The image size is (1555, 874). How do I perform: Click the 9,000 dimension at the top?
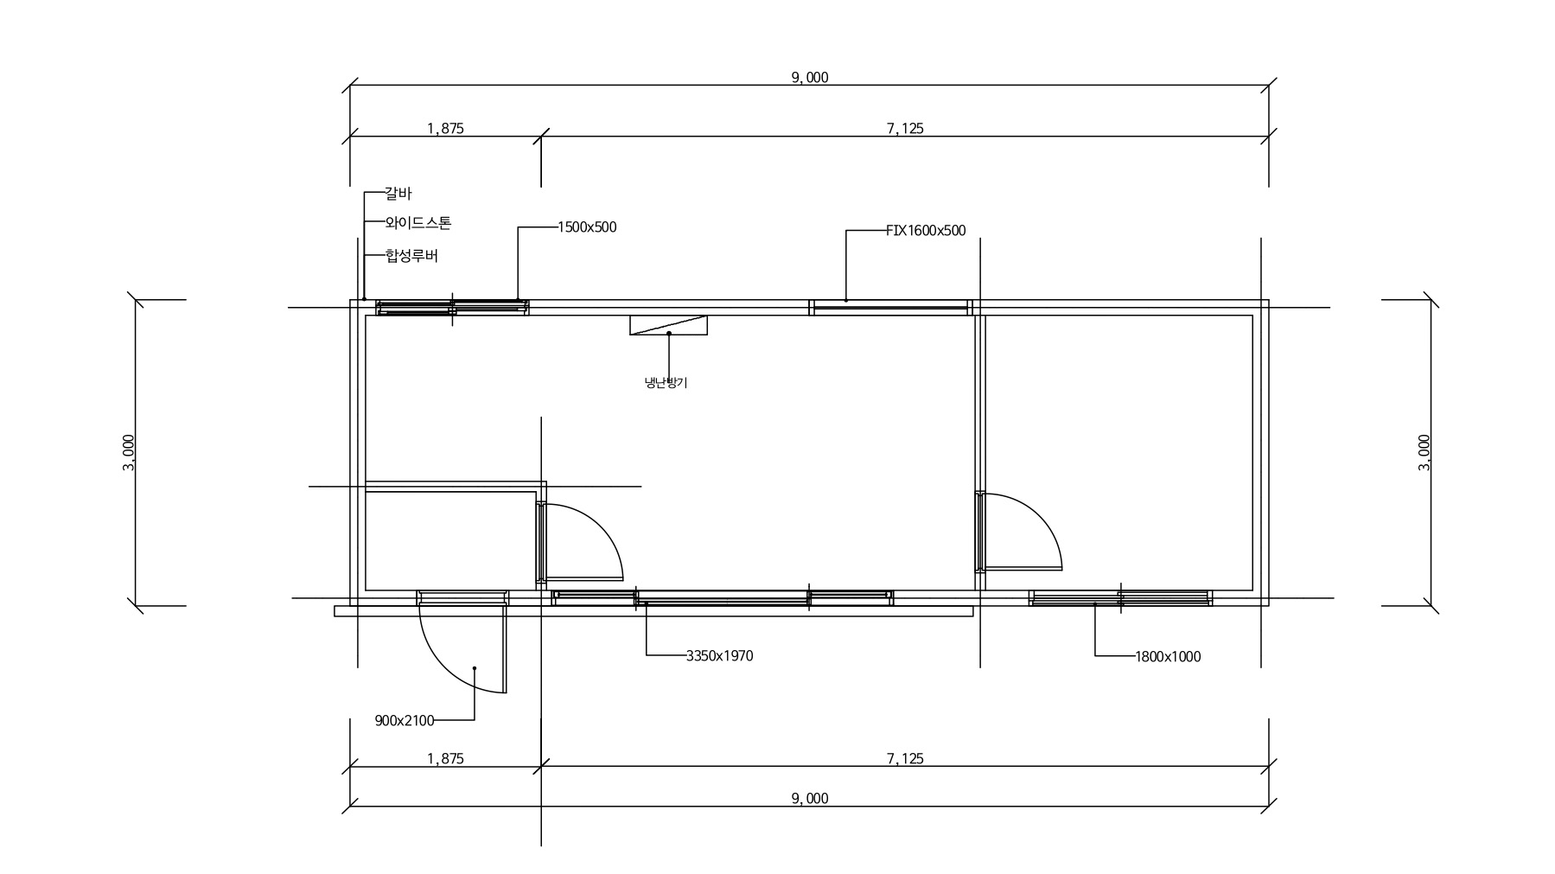point(809,78)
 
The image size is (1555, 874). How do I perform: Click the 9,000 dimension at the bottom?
point(809,799)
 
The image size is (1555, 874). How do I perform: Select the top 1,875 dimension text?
point(445,129)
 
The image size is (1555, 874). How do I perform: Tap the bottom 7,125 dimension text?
point(905,759)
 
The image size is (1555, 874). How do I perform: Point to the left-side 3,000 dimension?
point(129,452)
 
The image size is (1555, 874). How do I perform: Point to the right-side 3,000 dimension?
point(1424,452)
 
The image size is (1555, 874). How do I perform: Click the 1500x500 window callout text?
point(587,227)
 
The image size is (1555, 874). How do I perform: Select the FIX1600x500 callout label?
point(926,231)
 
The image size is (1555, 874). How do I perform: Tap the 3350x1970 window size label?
point(719,656)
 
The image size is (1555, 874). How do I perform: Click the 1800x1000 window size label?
point(1168,657)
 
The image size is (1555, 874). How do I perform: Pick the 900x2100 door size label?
point(405,720)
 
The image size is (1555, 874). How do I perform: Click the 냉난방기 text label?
point(666,382)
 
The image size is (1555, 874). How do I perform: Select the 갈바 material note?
point(398,194)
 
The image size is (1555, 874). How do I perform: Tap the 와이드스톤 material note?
point(418,223)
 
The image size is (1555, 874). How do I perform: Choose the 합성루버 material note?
point(411,256)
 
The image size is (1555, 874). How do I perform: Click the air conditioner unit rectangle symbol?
point(668,325)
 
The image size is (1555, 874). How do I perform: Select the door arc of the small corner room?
point(601,526)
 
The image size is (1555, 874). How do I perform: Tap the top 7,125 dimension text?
point(905,129)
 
